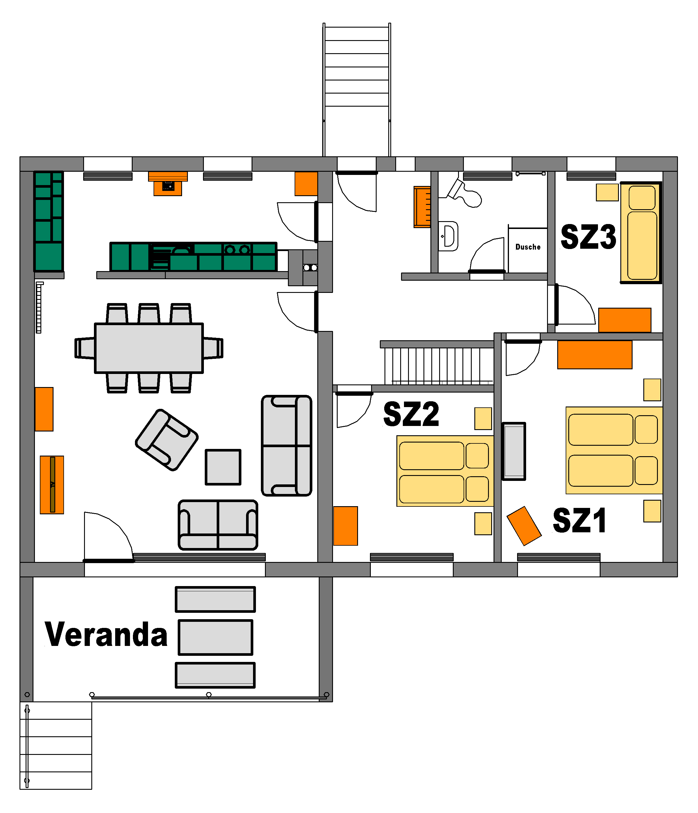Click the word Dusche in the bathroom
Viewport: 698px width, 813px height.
528,247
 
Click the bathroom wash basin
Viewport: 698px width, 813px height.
448,236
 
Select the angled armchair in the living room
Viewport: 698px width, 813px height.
167,440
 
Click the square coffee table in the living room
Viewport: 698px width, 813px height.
223,467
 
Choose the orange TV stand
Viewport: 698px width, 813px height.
52,485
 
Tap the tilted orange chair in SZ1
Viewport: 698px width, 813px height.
524,526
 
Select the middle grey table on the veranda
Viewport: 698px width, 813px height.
215,637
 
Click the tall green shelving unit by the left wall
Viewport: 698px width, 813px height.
48,221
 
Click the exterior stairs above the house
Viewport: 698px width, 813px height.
357,90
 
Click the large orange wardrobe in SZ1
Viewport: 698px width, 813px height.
595,355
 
